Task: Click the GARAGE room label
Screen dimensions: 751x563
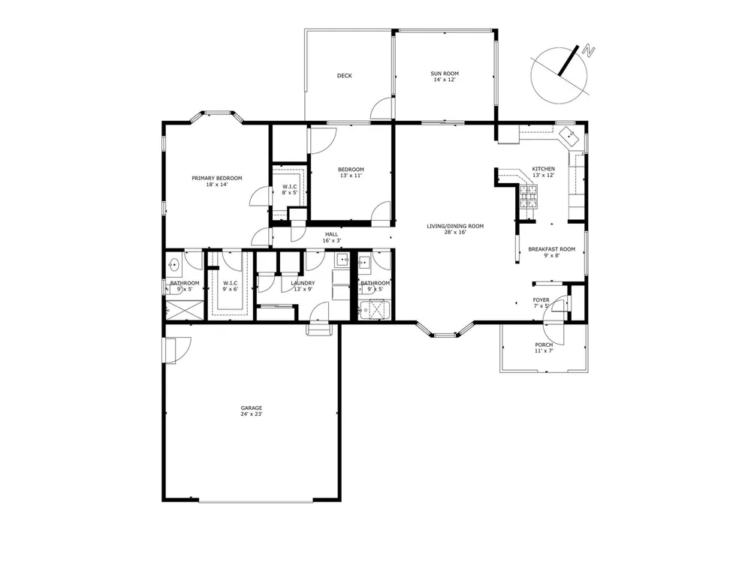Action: tap(252, 408)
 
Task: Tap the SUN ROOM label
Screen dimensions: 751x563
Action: tap(445, 74)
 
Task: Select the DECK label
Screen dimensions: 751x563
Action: tap(345, 76)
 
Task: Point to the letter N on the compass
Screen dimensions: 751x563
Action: tap(588, 50)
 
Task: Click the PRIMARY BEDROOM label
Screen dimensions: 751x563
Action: tap(217, 178)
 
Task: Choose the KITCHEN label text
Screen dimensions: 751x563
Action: tap(544, 169)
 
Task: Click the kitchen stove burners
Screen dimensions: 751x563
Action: tap(529, 196)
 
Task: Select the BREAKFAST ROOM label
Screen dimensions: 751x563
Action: tap(552, 249)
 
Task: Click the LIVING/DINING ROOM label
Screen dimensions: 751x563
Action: tap(455, 226)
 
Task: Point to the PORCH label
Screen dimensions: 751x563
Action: tap(544, 345)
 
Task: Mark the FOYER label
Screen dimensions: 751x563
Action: tap(541, 300)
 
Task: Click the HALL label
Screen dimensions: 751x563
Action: tap(331, 234)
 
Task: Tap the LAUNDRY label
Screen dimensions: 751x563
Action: tap(303, 283)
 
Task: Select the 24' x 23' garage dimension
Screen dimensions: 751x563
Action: tap(252, 414)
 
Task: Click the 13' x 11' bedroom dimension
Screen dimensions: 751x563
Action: tap(351, 175)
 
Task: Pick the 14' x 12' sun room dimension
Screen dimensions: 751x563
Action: tap(445, 80)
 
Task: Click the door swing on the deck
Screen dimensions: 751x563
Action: tap(382, 108)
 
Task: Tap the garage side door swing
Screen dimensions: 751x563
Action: tap(178, 350)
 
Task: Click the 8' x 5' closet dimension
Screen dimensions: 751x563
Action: tap(289, 192)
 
